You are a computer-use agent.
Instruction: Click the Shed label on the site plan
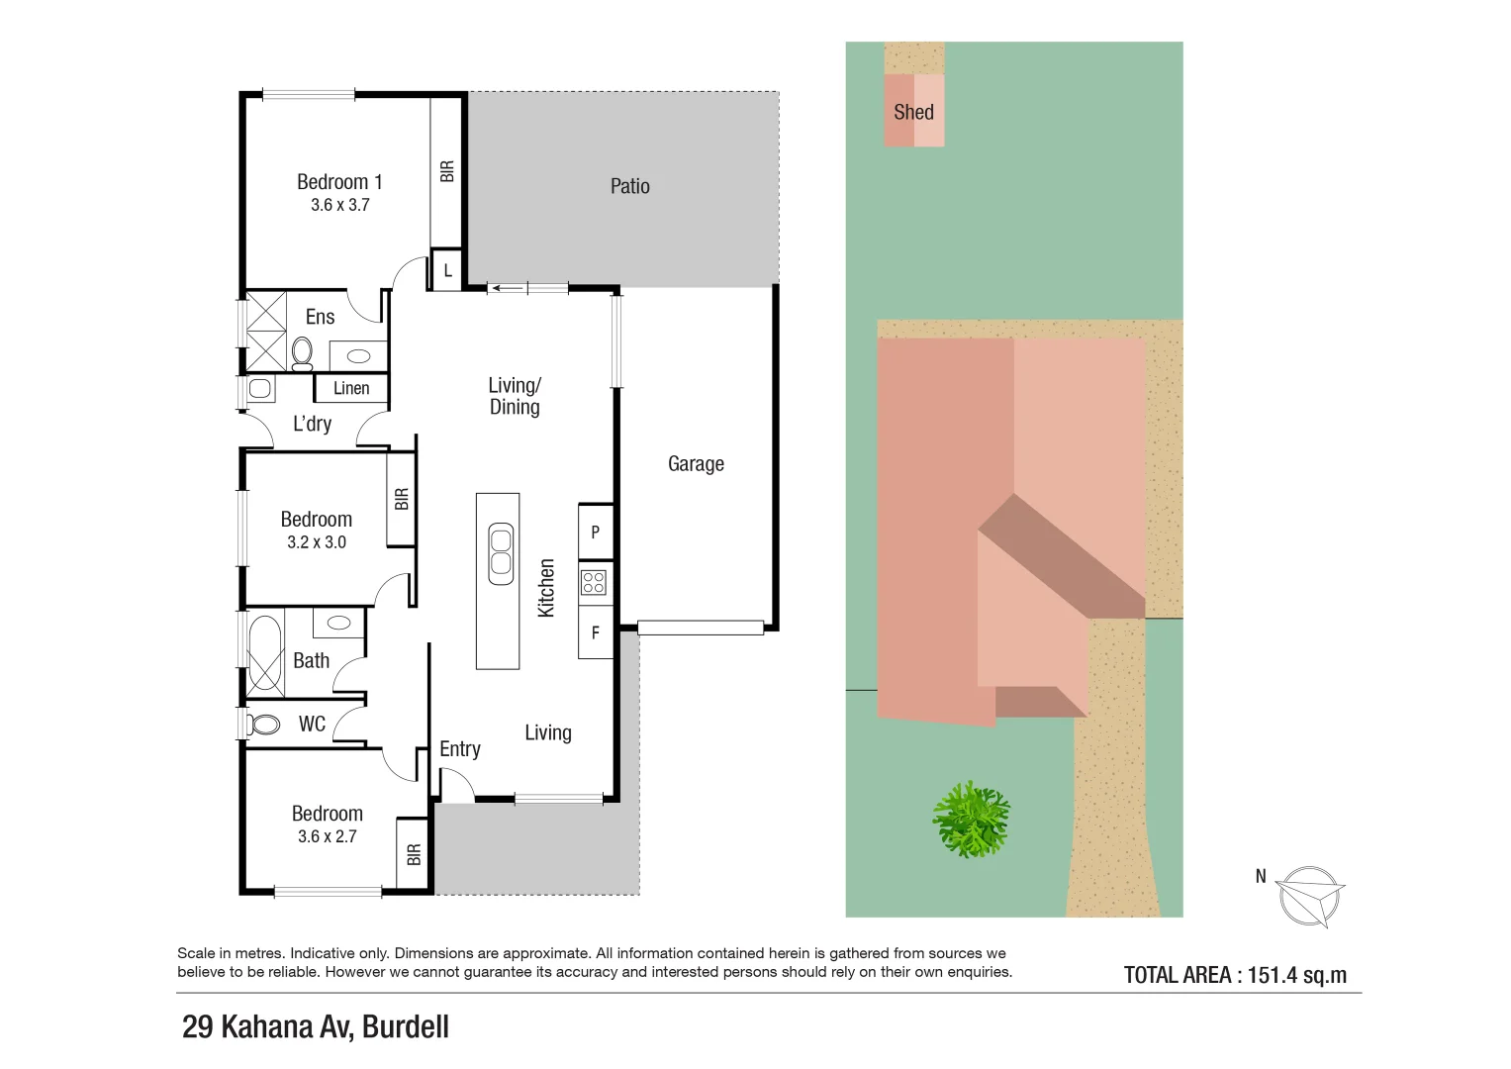click(x=913, y=112)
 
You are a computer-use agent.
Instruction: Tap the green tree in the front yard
click(x=971, y=819)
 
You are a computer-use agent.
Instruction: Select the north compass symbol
click(x=1308, y=897)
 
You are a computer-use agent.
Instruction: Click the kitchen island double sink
click(x=501, y=553)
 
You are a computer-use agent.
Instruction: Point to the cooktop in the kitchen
click(x=594, y=582)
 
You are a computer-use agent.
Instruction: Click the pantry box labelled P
click(x=595, y=533)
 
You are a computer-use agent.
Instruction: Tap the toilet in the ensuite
click(x=302, y=352)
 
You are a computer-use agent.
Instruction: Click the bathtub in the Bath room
click(x=264, y=653)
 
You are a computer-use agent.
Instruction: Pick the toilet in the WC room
click(x=264, y=725)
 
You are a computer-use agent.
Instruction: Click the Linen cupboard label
click(x=351, y=388)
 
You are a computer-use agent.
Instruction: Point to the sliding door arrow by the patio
click(x=509, y=289)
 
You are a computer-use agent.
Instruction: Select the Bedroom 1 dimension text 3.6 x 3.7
click(x=339, y=205)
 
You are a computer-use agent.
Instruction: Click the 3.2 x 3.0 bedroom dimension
click(x=317, y=542)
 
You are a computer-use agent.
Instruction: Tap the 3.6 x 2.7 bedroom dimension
click(x=327, y=836)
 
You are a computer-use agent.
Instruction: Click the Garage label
click(x=696, y=463)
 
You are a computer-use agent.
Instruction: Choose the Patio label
click(x=629, y=186)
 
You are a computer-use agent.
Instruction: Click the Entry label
click(x=460, y=749)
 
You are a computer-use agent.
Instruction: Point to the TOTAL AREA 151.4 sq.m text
click(x=1235, y=975)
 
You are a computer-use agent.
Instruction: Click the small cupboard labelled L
click(x=447, y=270)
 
